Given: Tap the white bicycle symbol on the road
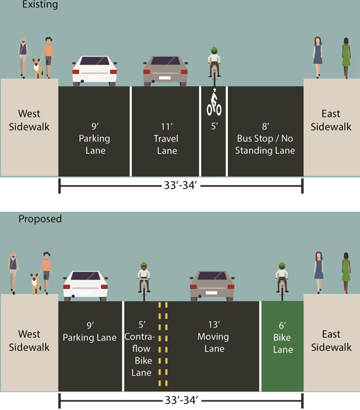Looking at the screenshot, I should (214, 104).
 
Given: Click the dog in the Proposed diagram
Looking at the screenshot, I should (36, 284).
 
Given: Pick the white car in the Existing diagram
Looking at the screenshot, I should (95, 70).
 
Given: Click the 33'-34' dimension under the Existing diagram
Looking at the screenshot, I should (180, 186).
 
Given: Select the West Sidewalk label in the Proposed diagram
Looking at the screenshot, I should (28, 341).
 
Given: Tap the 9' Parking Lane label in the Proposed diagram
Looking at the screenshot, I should (90, 332).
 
